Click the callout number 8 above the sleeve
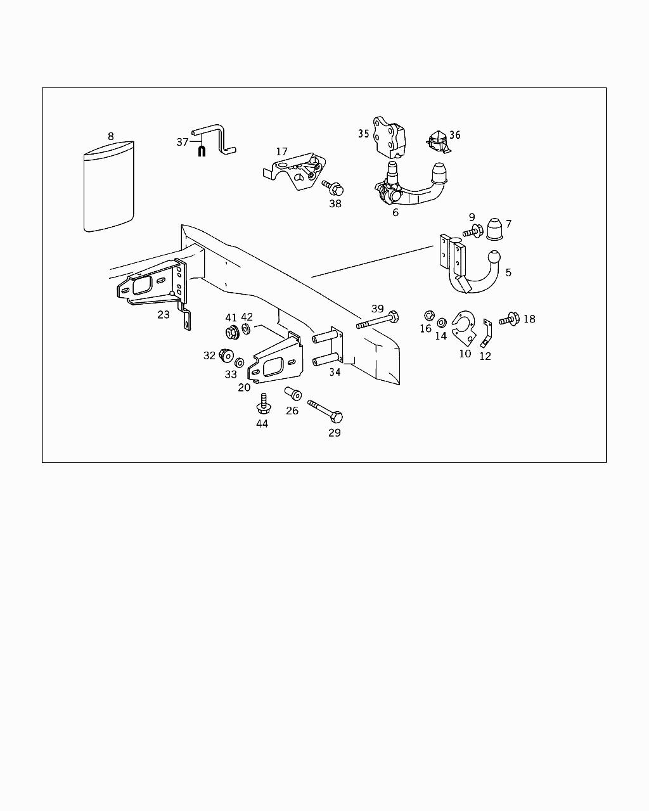111,136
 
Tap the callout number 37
183,142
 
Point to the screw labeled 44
262,404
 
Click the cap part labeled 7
495,231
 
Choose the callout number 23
164,314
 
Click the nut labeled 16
428,315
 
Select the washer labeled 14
441,322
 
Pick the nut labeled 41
231,332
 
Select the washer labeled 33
240,363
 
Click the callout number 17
281,152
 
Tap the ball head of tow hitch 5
494,258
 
